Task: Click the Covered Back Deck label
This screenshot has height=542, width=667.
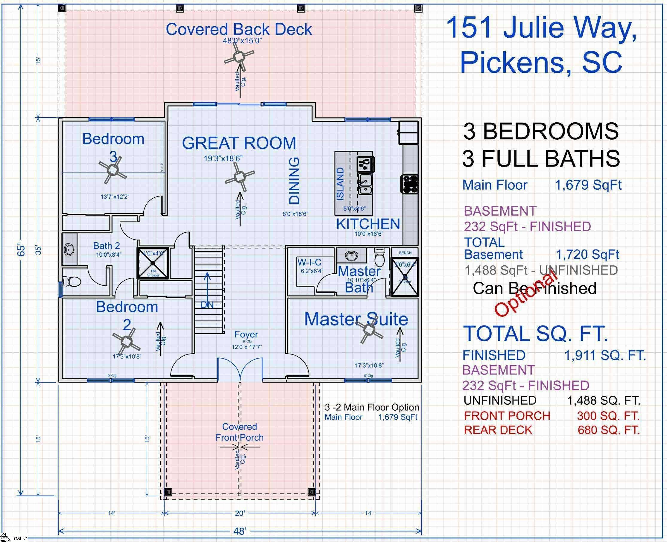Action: [238, 30]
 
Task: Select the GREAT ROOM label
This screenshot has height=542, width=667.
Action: [239, 143]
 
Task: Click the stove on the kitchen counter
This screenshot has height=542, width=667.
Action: [409, 184]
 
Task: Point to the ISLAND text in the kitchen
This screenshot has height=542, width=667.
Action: [340, 184]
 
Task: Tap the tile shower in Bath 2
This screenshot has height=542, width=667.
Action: [153, 263]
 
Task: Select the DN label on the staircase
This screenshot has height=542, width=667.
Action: [207, 305]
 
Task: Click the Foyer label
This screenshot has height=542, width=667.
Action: [246, 334]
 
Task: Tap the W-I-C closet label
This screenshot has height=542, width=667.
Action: [309, 262]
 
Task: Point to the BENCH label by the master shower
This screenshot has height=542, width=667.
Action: [405, 252]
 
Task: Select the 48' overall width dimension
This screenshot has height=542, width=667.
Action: [240, 531]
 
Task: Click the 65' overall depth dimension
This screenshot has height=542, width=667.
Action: [21, 250]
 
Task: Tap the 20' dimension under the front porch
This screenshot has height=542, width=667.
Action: [240, 513]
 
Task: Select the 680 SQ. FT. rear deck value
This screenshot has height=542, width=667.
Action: [608, 430]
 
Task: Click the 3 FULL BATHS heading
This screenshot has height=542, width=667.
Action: [541, 159]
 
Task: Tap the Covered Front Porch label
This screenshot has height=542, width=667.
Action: [239, 432]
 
